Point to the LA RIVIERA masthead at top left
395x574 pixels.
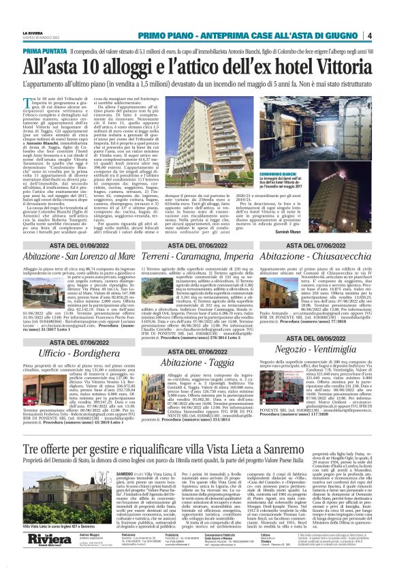[33, 32]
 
